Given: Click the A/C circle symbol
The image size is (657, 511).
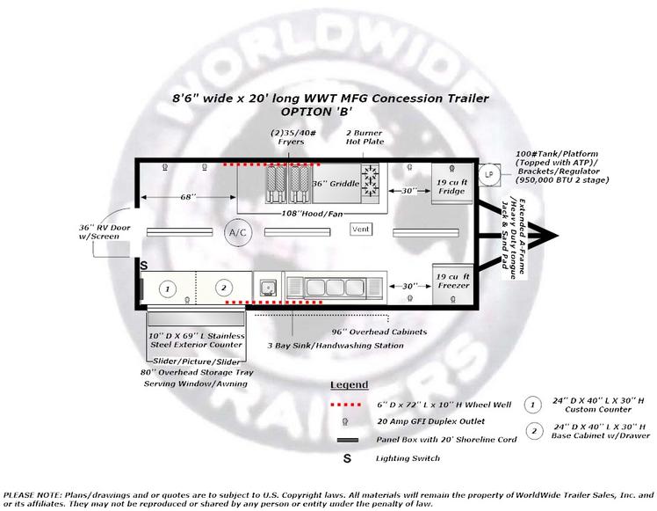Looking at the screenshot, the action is (238, 232).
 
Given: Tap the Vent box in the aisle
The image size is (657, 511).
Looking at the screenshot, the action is (361, 229).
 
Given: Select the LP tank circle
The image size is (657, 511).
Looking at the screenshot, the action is (489, 174).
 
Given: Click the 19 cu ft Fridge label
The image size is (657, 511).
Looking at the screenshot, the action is (451, 186).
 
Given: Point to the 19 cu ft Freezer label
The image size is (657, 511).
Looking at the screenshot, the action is (452, 281).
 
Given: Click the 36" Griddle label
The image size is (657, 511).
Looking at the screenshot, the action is (336, 184).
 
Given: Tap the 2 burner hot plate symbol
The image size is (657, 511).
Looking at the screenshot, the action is (371, 180).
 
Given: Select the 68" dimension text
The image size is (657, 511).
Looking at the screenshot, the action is (188, 197).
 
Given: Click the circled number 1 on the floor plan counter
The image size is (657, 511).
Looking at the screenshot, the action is (168, 288).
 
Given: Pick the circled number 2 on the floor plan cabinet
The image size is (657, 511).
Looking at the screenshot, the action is (224, 288).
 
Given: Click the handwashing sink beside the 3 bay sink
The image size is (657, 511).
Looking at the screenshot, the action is (267, 288).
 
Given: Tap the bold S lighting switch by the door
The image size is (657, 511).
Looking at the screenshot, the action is (144, 266).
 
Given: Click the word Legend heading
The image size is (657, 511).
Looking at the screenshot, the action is (350, 384).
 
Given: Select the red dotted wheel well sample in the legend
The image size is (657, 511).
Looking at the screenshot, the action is (346, 405).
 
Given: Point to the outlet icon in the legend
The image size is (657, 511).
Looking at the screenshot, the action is (345, 421).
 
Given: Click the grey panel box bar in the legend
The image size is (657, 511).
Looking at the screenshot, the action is (348, 440).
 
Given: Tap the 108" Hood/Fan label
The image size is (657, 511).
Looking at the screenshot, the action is (312, 214).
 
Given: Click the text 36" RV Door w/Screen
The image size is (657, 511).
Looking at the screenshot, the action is (105, 232).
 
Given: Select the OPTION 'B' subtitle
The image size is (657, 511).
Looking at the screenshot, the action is (316, 112).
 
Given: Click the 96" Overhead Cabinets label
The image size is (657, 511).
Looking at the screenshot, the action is (379, 332).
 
